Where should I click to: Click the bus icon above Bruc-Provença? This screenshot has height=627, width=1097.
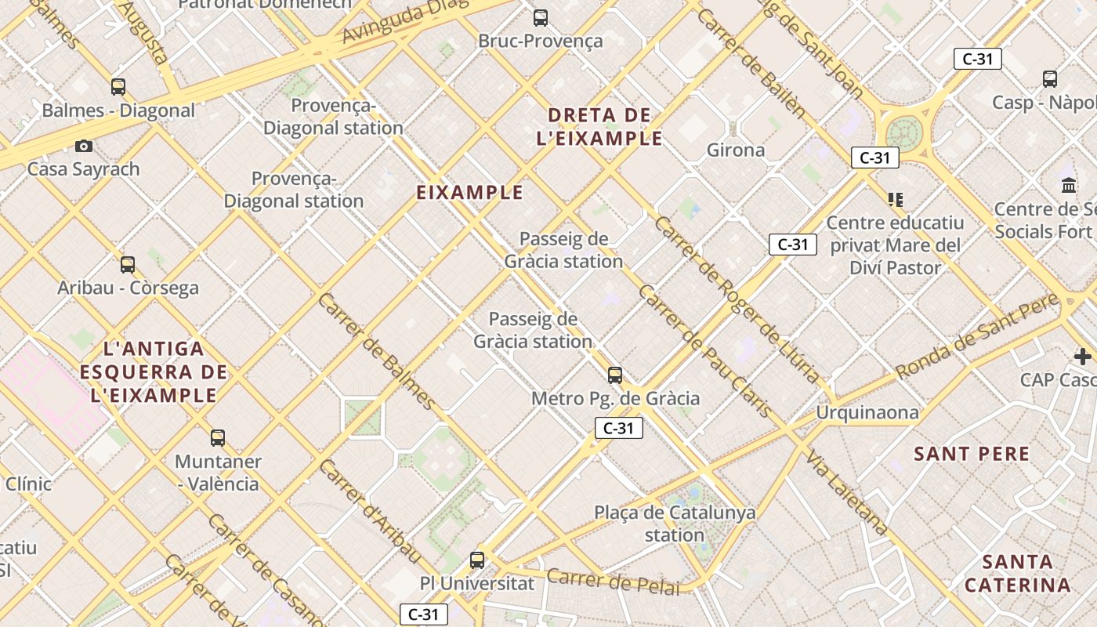click(x=540, y=18)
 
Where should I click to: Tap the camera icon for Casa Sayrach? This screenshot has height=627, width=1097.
click(x=84, y=146)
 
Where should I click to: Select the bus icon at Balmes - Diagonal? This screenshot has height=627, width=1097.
click(x=118, y=87)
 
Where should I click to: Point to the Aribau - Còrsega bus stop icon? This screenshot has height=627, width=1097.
click(x=128, y=265)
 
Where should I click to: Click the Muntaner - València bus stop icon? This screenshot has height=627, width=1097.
click(x=218, y=438)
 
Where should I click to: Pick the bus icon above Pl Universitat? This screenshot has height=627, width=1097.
click(x=477, y=560)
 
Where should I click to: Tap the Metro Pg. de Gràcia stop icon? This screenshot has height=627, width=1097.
click(x=615, y=375)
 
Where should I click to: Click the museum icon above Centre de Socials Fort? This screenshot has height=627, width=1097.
click(x=1069, y=186)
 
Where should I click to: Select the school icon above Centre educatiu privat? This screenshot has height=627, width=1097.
click(x=895, y=200)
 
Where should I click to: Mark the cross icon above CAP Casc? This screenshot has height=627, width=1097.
click(x=1083, y=357)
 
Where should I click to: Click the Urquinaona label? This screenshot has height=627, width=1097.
click(x=867, y=412)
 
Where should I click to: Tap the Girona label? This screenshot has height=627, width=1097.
click(x=736, y=150)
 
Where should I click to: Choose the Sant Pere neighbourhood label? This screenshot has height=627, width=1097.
click(x=972, y=454)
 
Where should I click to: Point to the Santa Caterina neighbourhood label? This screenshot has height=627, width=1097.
click(x=1018, y=573)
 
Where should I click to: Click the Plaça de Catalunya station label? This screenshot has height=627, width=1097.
click(x=675, y=524)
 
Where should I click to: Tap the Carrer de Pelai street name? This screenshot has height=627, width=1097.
click(x=613, y=582)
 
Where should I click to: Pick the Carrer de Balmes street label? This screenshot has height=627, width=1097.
click(x=377, y=352)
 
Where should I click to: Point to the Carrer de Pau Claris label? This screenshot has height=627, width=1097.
click(x=704, y=351)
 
